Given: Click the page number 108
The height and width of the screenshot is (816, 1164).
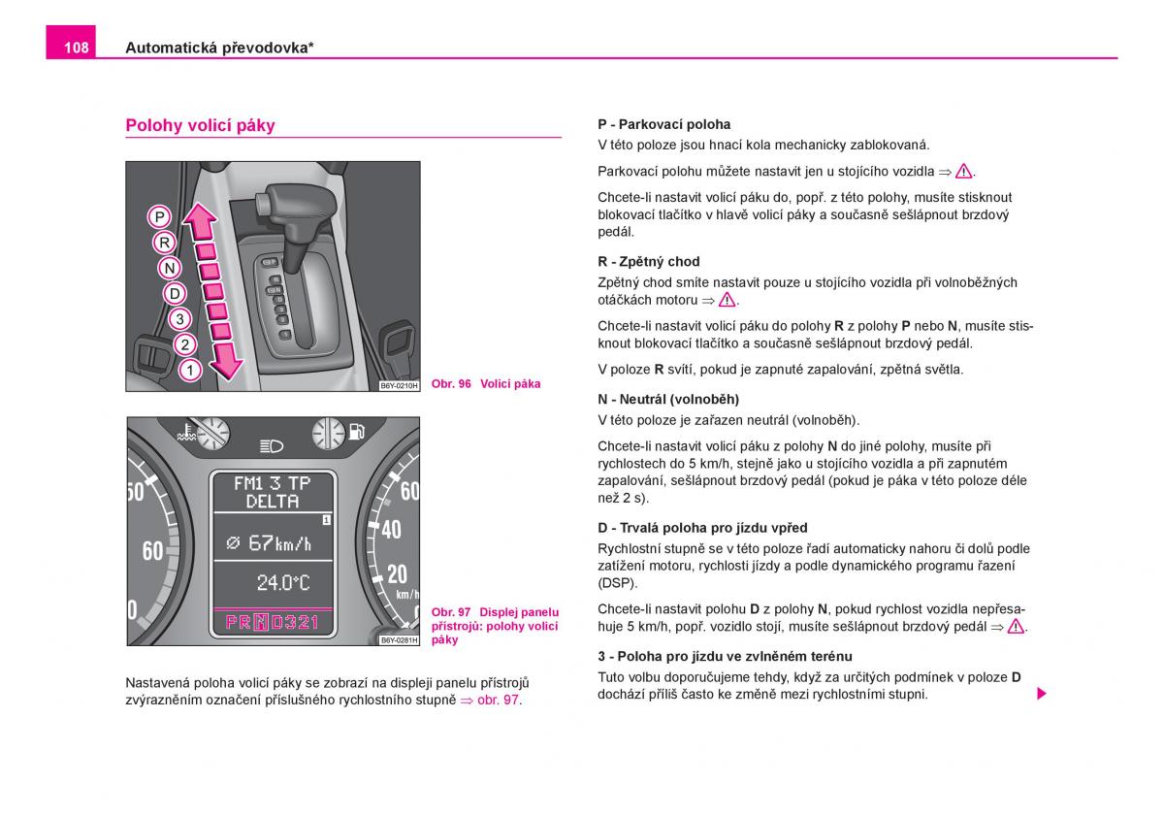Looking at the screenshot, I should pyautogui.click(x=77, y=48).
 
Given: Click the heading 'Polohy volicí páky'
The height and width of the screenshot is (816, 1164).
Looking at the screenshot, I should pyautogui.click(x=200, y=125).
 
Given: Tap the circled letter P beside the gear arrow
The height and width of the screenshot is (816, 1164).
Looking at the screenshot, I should pyautogui.click(x=160, y=216).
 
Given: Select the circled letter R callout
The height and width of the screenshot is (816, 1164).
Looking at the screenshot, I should pyautogui.click(x=165, y=243).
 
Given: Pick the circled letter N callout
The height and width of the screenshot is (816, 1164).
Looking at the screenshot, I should pyautogui.click(x=170, y=268).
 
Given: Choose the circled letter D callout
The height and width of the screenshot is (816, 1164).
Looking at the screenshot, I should pyautogui.click(x=175, y=293).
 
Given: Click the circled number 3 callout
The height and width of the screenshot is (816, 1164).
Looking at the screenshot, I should pyautogui.click(x=179, y=318).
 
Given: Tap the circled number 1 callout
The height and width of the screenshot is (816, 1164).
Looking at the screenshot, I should pyautogui.click(x=190, y=370).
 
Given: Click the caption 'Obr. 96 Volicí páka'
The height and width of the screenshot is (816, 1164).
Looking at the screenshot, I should pyautogui.click(x=486, y=384).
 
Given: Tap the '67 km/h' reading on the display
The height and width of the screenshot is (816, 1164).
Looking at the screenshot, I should pyautogui.click(x=270, y=543).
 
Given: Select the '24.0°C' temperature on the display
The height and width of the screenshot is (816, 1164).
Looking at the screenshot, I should pyautogui.click(x=282, y=582).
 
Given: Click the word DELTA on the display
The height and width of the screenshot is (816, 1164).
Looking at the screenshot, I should pyautogui.click(x=273, y=502).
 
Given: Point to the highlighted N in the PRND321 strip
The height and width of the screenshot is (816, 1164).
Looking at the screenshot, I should pyautogui.click(x=261, y=622).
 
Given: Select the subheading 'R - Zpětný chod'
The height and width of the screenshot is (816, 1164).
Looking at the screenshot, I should pyautogui.click(x=648, y=262).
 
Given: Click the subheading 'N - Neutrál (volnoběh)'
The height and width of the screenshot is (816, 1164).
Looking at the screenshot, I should pyautogui.click(x=668, y=399).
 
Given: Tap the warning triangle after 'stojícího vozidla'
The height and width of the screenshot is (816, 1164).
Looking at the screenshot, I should pyautogui.click(x=963, y=172).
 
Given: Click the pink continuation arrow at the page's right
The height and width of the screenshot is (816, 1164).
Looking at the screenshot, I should pyautogui.click(x=1041, y=694).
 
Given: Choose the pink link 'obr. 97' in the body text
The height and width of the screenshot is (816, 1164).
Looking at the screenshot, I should pyautogui.click(x=498, y=700).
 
